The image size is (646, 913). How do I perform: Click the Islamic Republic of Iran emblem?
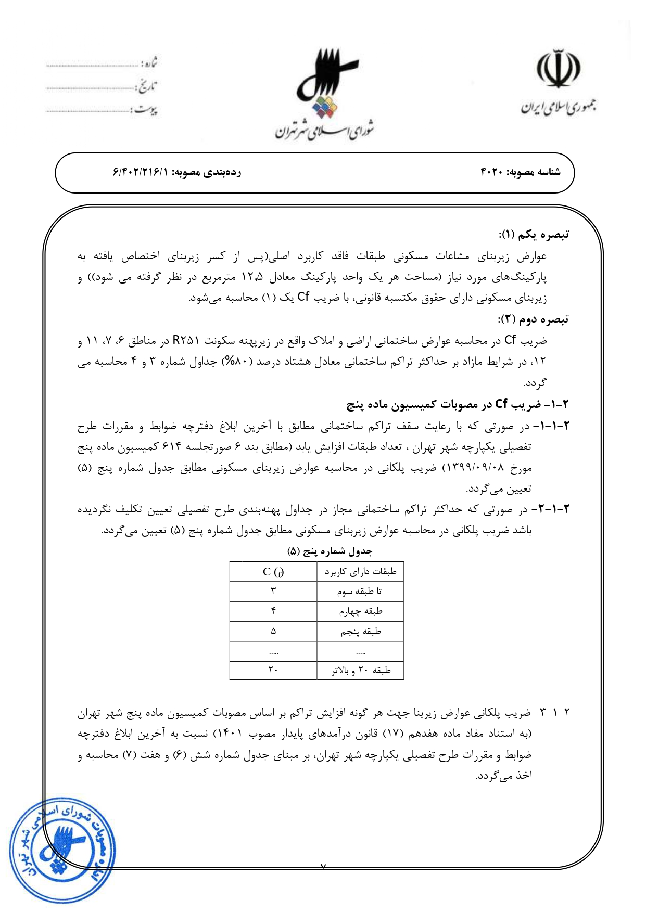point(558,69)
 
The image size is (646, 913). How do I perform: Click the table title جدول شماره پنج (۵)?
point(330,551)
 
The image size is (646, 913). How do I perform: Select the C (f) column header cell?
point(273,572)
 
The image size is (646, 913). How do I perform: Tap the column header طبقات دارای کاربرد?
point(360,572)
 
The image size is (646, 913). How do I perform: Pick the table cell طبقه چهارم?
point(360,611)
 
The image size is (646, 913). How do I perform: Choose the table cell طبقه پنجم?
point(360,632)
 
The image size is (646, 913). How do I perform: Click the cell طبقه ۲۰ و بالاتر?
point(361,671)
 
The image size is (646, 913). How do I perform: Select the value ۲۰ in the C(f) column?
point(273,671)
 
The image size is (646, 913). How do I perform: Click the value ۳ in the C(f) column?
point(273,591)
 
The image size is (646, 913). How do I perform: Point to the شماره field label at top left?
point(149,63)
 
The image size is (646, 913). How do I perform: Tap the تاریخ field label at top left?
point(148,86)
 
